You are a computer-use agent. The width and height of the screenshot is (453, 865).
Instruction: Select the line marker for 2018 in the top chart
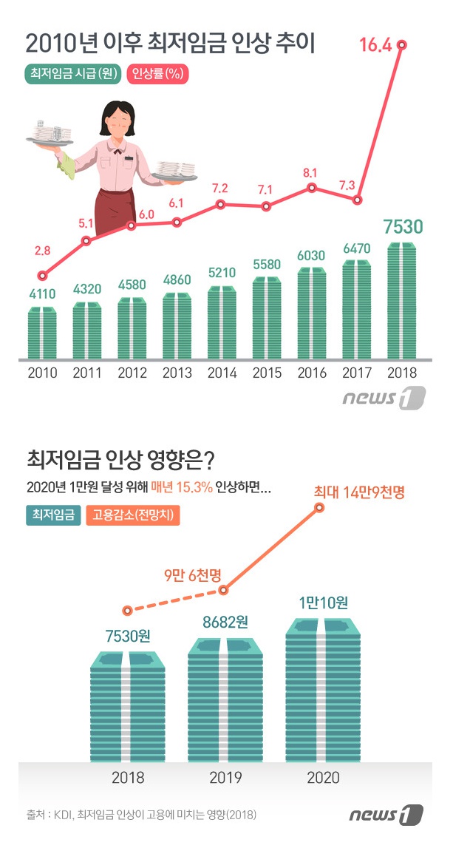(x=402, y=45)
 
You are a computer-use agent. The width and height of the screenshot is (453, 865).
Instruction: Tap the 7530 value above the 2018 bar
(x=403, y=226)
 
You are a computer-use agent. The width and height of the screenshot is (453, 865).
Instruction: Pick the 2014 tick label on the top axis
(x=222, y=373)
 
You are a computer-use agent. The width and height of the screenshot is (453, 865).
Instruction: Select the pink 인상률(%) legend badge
(x=158, y=74)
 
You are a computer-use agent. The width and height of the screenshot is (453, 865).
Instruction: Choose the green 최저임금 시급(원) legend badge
(x=74, y=74)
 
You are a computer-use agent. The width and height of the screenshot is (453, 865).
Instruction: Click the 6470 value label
(x=357, y=251)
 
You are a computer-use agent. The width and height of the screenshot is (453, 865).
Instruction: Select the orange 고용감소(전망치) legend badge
(x=133, y=515)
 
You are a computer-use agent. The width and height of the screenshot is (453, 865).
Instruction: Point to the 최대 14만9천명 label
(x=359, y=492)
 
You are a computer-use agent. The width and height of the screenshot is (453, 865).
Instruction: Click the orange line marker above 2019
(x=224, y=588)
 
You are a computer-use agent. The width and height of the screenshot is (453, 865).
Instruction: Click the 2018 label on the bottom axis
(x=128, y=777)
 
